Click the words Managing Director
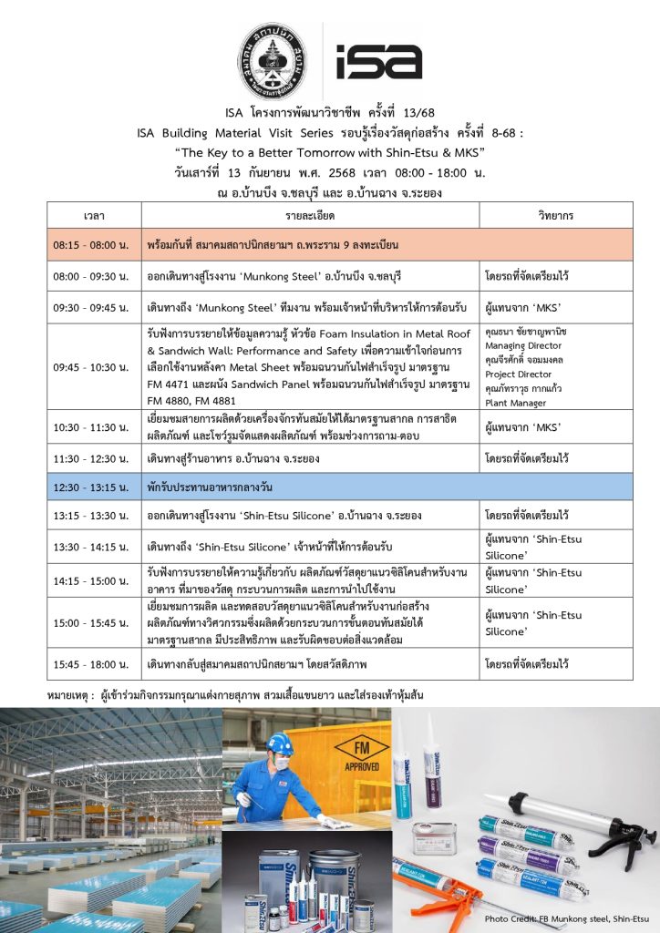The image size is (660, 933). [x=523, y=346]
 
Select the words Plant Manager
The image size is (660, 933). [x=515, y=402]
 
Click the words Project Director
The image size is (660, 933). [x=518, y=374]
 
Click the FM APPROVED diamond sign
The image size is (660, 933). [x=362, y=752]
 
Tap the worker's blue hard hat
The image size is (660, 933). [x=280, y=743]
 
